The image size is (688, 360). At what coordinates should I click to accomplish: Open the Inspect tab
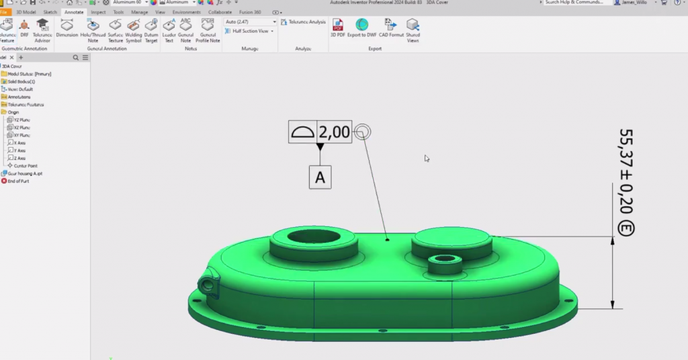98,12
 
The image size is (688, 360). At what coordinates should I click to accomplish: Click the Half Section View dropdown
253,31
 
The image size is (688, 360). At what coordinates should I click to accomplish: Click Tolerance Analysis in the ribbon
304,22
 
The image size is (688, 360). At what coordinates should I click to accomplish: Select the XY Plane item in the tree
21,135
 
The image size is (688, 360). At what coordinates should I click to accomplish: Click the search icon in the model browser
77,58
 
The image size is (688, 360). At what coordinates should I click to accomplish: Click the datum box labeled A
320,177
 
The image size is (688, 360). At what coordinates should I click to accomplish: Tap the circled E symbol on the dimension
626,228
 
